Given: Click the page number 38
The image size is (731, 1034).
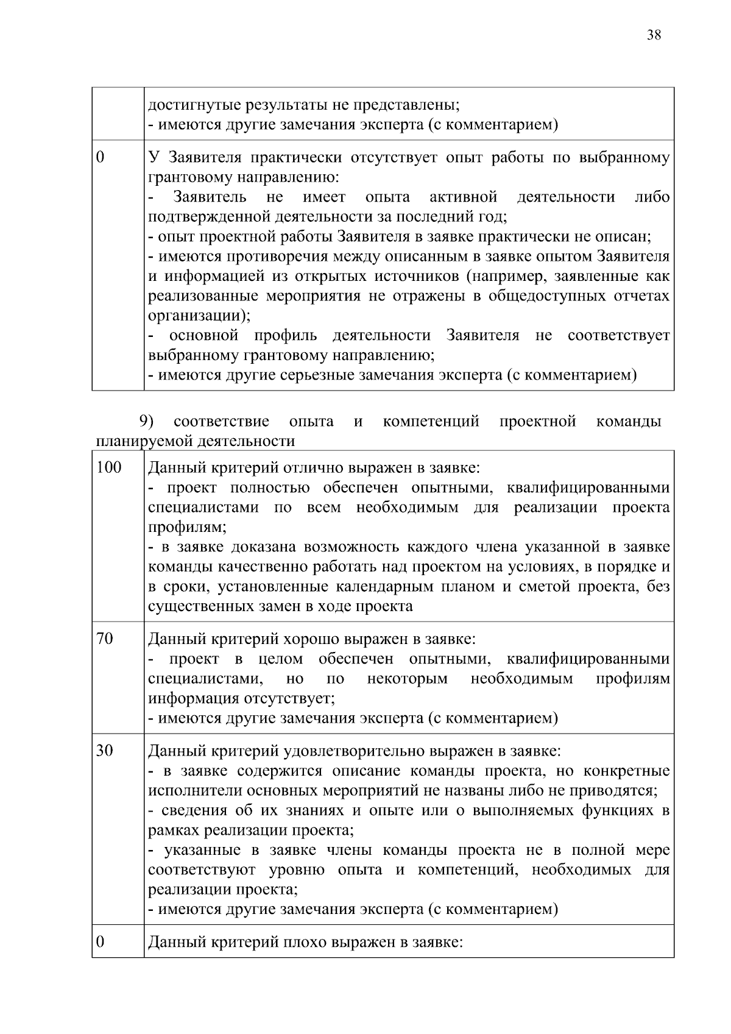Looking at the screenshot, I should [654, 35].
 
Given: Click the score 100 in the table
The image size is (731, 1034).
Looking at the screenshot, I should [109, 468].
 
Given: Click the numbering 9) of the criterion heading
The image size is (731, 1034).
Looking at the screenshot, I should [146, 421].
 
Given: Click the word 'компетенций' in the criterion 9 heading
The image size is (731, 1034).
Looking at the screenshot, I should [431, 421].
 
